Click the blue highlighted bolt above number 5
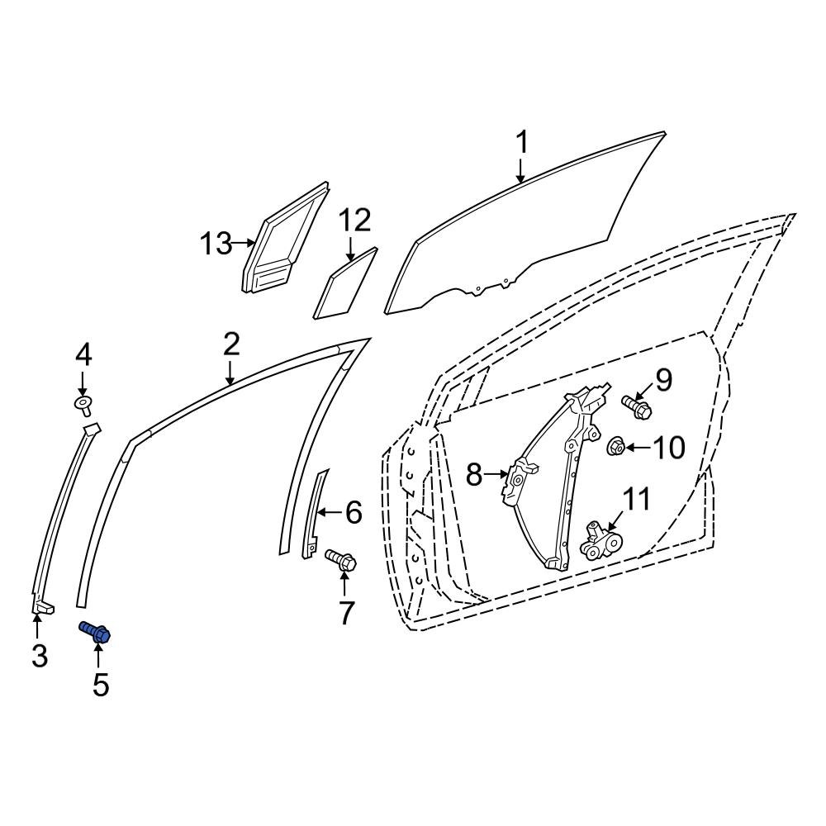point(96,633)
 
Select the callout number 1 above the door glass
point(521,143)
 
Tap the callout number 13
point(216,244)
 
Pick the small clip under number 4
point(83,404)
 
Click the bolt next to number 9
point(636,405)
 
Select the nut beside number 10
point(615,447)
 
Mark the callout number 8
point(474,474)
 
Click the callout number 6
point(354,513)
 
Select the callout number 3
point(39,656)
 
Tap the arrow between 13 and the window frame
point(244,243)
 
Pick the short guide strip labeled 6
point(315,512)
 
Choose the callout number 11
point(636,499)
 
